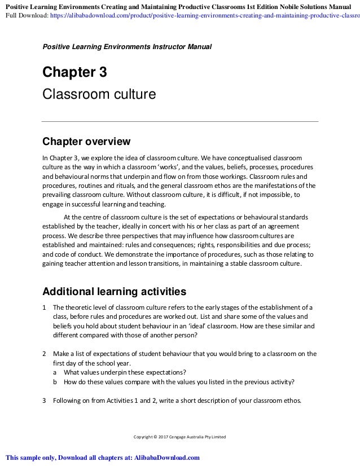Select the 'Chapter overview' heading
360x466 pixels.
click(x=87, y=140)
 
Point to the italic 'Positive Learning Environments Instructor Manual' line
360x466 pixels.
click(x=127, y=46)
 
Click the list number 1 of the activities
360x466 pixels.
click(x=45, y=307)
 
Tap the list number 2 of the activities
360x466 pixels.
click(x=45, y=354)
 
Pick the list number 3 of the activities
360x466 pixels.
click(x=45, y=402)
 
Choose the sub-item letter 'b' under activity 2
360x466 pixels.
click(x=55, y=381)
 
